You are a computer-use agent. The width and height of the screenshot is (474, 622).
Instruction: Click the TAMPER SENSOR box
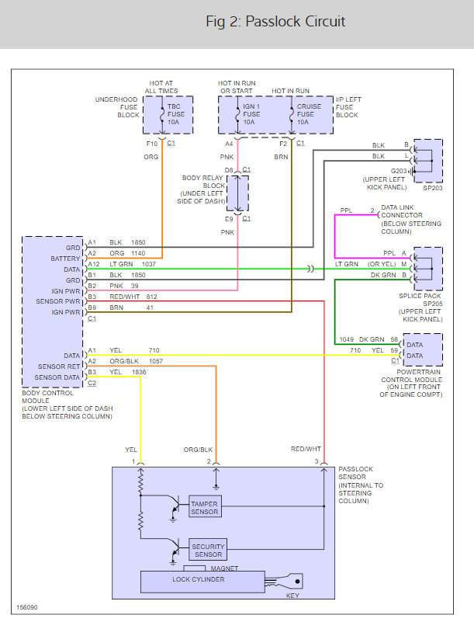point(206,508)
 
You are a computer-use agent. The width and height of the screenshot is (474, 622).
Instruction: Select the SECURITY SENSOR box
point(208,550)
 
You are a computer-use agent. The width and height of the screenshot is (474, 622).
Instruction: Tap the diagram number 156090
point(27,606)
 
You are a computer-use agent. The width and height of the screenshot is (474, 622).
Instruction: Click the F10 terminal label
point(151,144)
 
